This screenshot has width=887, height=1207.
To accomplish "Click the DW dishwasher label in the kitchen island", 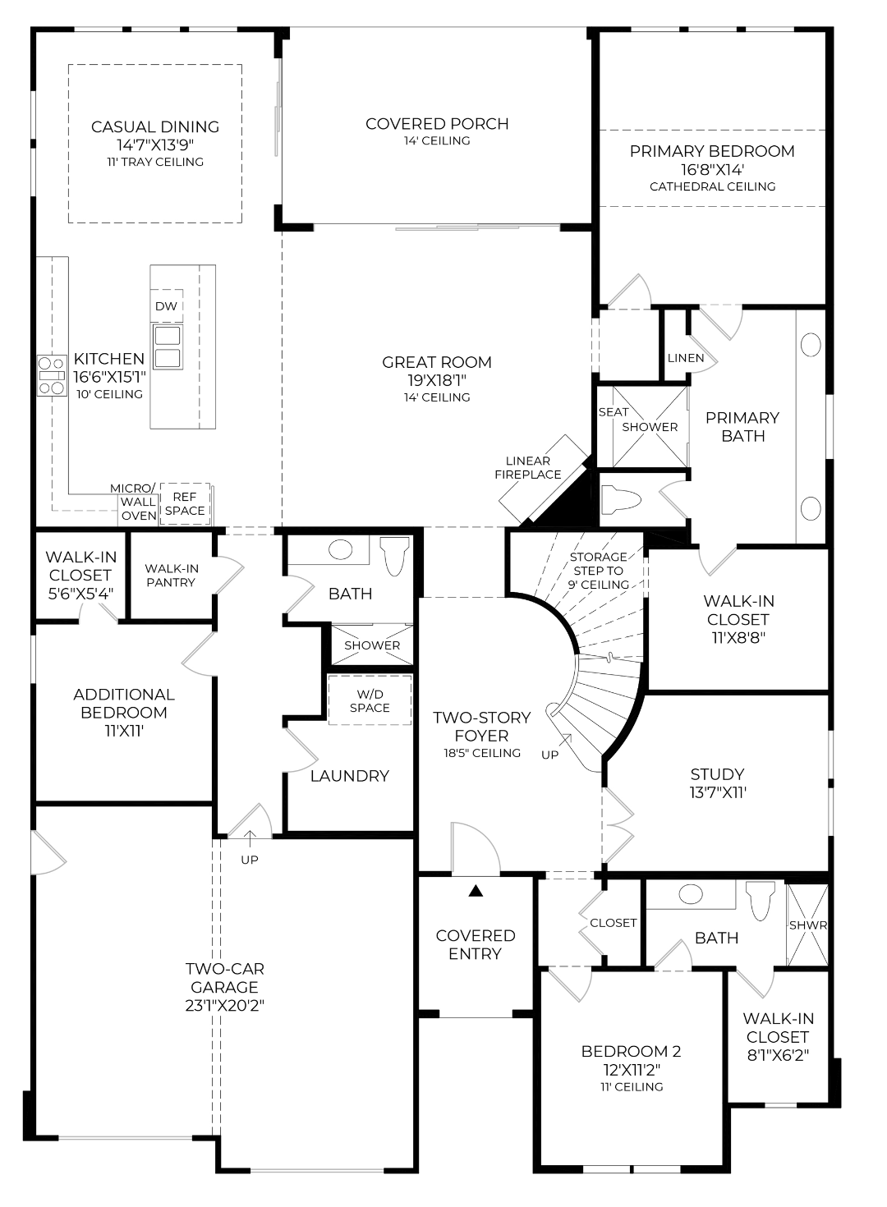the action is coord(166,306).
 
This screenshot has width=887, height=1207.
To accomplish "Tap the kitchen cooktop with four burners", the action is coord(53,375).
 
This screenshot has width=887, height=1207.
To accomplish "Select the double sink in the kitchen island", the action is coord(168,346).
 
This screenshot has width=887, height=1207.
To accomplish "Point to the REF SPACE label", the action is coord(185,503).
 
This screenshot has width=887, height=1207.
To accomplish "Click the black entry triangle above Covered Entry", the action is coord(476,891).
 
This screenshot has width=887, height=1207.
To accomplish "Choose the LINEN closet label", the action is coord(686,358).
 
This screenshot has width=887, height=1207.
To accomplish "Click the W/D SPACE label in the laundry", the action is coord(370,700).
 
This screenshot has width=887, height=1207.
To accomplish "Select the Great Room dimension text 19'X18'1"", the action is coord(436,380).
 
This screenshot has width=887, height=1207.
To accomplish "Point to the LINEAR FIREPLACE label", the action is coord(528,467).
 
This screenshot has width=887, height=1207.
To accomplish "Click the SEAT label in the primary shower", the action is coord(614,411).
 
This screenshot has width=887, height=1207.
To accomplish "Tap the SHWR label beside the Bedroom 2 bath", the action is coord(808,925).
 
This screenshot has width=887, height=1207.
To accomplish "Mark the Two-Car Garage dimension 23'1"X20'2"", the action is coord(225,1005).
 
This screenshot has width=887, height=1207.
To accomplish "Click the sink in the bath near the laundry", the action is coord(340,550).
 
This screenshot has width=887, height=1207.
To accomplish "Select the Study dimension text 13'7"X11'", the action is coord(717,792).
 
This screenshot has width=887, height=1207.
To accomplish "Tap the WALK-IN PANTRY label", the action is coord(172,575).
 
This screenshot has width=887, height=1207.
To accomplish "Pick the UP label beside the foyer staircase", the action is coord(549,755).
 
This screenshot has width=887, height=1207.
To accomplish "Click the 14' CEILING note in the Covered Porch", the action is coord(437,140).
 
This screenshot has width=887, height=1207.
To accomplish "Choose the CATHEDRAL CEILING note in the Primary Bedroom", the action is coord(712,186).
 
